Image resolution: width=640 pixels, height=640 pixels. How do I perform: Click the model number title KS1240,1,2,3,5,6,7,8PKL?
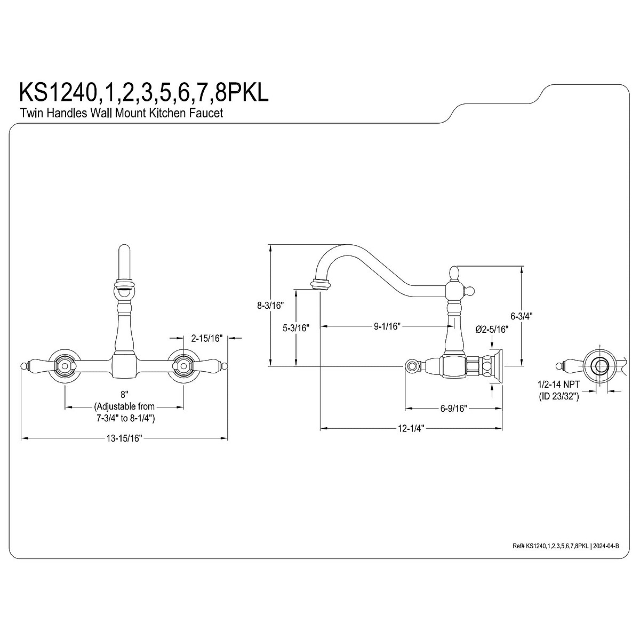(144, 92)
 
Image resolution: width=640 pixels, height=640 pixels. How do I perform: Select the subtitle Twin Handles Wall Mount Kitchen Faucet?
(121, 113)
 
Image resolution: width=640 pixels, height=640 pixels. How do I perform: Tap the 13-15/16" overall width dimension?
(124, 438)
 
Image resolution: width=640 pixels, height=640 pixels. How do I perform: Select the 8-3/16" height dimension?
(269, 306)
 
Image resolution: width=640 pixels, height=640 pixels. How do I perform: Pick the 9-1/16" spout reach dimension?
(387, 326)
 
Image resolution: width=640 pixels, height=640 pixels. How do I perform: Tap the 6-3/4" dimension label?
(521, 316)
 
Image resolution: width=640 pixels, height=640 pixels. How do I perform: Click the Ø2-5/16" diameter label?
(491, 329)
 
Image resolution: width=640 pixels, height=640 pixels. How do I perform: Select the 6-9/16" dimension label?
(454, 409)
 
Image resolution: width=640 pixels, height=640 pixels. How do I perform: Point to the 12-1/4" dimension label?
(411, 428)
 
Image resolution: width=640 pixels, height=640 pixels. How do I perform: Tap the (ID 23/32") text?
(557, 396)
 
